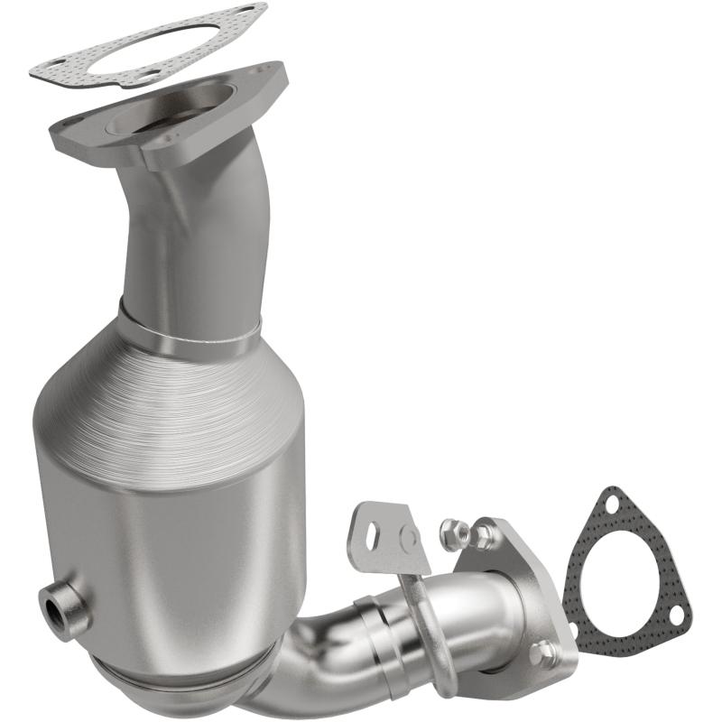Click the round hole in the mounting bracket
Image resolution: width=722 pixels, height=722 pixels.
pyautogui.click(x=408, y=540)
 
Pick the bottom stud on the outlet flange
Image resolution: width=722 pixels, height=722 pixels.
pyautogui.click(x=542, y=652)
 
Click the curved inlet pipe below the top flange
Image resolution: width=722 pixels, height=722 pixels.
pyautogui.click(x=194, y=235)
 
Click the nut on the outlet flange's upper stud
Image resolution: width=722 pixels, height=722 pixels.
pyautogui.click(x=486, y=536)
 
